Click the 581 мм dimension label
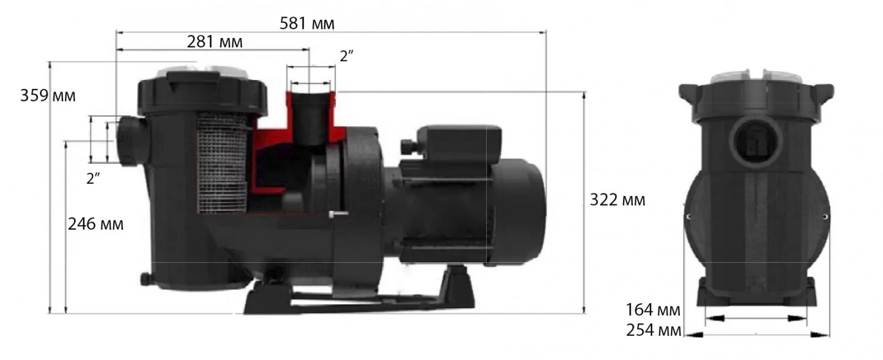[x=307, y=24]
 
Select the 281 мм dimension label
[x=215, y=42]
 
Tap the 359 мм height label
[x=47, y=96]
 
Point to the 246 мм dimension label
[x=95, y=224]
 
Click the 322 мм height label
[x=618, y=200]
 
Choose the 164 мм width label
[x=653, y=310]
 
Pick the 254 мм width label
[x=653, y=330]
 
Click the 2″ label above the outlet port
[x=347, y=56]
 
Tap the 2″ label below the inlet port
[x=93, y=179]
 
